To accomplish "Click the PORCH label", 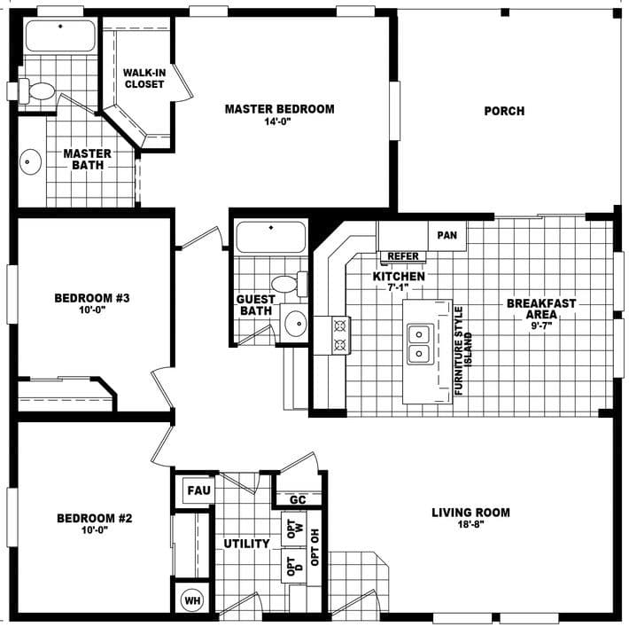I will (x=504, y=111).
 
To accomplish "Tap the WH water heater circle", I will (x=191, y=600).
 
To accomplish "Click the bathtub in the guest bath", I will (x=271, y=238).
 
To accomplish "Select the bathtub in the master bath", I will (x=59, y=36).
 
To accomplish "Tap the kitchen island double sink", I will (x=419, y=344).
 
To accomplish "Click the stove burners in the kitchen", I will (x=339, y=335).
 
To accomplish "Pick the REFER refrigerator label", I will (x=403, y=257).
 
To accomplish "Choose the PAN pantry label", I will (x=447, y=235).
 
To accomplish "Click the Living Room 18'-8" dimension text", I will (x=470, y=525).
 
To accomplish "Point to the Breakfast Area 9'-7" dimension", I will (x=541, y=326).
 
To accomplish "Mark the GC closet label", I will (x=298, y=499).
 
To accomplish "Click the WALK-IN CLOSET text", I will (x=144, y=78).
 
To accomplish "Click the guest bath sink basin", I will (x=294, y=322).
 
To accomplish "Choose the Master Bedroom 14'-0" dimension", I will (x=279, y=122).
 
